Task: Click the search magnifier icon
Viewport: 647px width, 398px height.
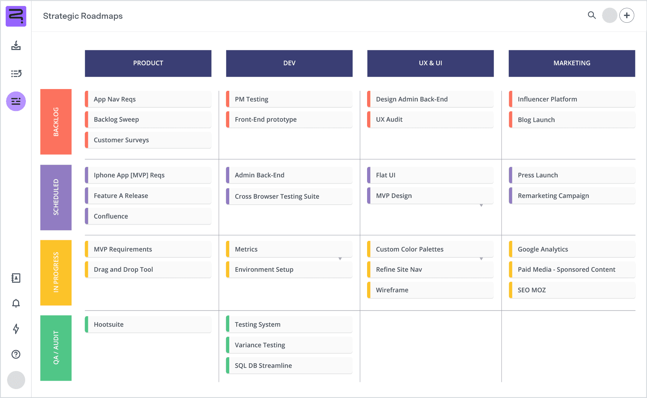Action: [592, 15]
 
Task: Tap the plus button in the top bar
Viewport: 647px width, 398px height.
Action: [627, 15]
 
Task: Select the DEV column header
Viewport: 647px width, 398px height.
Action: [289, 63]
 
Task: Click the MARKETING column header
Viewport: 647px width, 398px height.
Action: [572, 63]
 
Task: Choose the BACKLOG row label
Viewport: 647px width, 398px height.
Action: [56, 122]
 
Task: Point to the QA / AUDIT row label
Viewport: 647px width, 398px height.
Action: [56, 348]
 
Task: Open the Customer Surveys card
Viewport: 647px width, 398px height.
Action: [148, 140]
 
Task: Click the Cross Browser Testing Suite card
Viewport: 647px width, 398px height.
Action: [289, 196]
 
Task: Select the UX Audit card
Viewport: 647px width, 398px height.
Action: [430, 120]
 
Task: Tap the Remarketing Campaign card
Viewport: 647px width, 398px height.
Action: [572, 196]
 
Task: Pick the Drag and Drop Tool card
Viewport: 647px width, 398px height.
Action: [148, 270]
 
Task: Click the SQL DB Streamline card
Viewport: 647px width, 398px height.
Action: [289, 365]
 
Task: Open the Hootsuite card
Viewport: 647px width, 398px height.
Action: [148, 325]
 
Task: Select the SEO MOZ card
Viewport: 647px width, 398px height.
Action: [572, 290]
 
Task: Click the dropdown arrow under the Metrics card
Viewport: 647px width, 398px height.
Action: [340, 259]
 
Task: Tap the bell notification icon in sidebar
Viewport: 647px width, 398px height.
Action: [16, 303]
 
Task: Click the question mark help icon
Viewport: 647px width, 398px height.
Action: [16, 354]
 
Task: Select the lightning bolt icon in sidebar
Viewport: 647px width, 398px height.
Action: [16, 329]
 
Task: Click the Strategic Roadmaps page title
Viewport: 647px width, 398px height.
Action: [83, 16]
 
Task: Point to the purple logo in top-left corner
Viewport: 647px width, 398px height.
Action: [16, 16]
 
